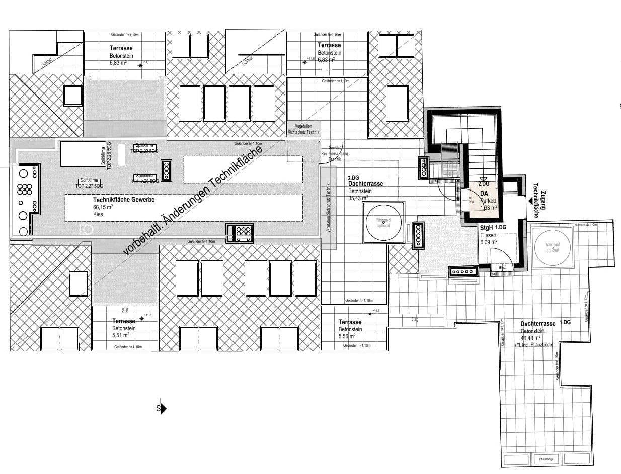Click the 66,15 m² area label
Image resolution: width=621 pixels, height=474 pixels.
coord(102,207)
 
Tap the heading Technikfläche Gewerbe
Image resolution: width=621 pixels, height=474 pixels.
coord(123,200)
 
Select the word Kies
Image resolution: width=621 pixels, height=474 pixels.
coord(98,214)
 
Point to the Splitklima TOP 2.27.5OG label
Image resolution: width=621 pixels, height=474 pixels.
coord(89,183)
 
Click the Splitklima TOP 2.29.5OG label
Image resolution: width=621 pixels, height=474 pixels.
coord(144,148)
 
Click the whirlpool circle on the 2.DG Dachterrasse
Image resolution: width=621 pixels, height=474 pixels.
coord(384,222)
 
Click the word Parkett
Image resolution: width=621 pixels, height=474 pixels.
coord(488,200)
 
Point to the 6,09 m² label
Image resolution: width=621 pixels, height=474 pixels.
coord(488,241)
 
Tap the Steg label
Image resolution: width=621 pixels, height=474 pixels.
coord(415,319)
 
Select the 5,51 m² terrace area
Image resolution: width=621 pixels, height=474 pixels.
coord(121,335)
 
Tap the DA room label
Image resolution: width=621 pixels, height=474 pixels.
coord(484,193)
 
